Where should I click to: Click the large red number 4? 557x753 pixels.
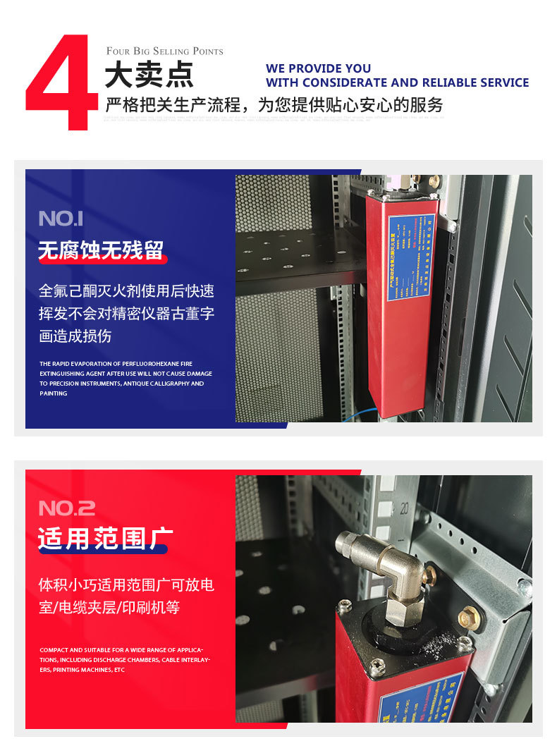(x=62, y=83)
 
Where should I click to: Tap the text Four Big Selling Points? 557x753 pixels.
(x=164, y=51)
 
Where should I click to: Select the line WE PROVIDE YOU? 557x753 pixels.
(x=318, y=68)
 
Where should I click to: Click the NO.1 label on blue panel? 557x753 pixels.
(x=61, y=219)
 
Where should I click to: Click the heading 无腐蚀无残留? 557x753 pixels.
(x=101, y=250)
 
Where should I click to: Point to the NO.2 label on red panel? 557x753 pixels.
(x=66, y=508)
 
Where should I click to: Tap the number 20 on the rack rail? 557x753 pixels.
(x=405, y=506)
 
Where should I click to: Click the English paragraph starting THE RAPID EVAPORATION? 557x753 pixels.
(x=126, y=379)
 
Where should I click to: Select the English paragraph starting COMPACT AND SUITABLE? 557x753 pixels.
(x=125, y=660)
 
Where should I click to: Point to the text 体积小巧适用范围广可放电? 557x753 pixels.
(x=126, y=584)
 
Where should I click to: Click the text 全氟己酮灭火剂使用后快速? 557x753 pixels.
(x=126, y=291)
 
